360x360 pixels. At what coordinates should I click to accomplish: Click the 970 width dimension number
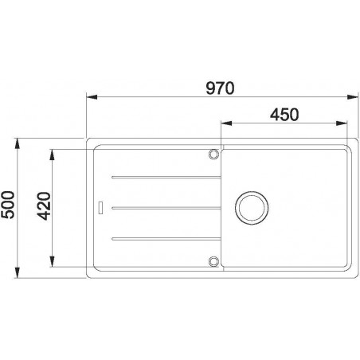(219, 88)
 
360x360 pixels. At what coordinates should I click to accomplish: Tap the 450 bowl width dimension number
(284, 114)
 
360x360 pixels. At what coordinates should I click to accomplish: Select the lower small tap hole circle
(213, 261)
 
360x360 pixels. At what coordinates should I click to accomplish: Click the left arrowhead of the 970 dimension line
(89, 99)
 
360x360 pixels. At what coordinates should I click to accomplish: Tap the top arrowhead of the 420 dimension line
(53, 152)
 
